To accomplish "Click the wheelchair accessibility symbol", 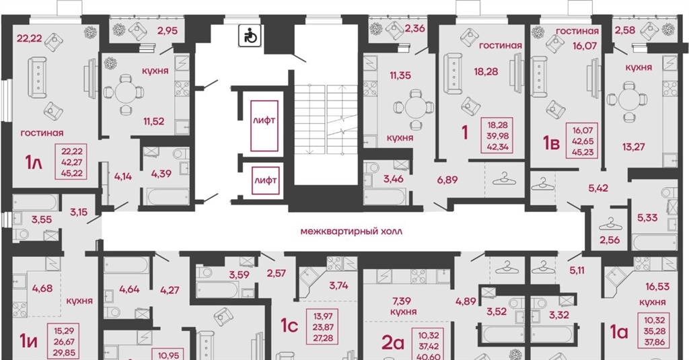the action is pyautogui.click(x=250, y=36).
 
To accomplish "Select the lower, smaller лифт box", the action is pyautogui.click(x=265, y=180).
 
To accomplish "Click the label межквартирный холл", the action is pyautogui.click(x=351, y=231).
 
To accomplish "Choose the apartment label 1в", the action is pyautogui.click(x=551, y=143).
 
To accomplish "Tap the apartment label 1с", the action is pyautogui.click(x=289, y=325).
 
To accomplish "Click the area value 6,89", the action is pyautogui.click(x=447, y=180).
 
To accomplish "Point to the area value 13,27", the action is pyautogui.click(x=633, y=147).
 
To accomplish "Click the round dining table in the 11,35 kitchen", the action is pyautogui.click(x=416, y=107).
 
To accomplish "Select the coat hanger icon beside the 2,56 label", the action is pyautogui.click(x=610, y=225).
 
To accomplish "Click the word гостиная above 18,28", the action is pyautogui.click(x=501, y=45).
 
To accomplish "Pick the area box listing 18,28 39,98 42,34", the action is pyautogui.click(x=497, y=136).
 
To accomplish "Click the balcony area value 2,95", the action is pyautogui.click(x=168, y=31).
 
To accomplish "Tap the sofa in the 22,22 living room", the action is pyautogui.click(x=38, y=77).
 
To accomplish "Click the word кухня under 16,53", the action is pyautogui.click(x=653, y=302).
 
